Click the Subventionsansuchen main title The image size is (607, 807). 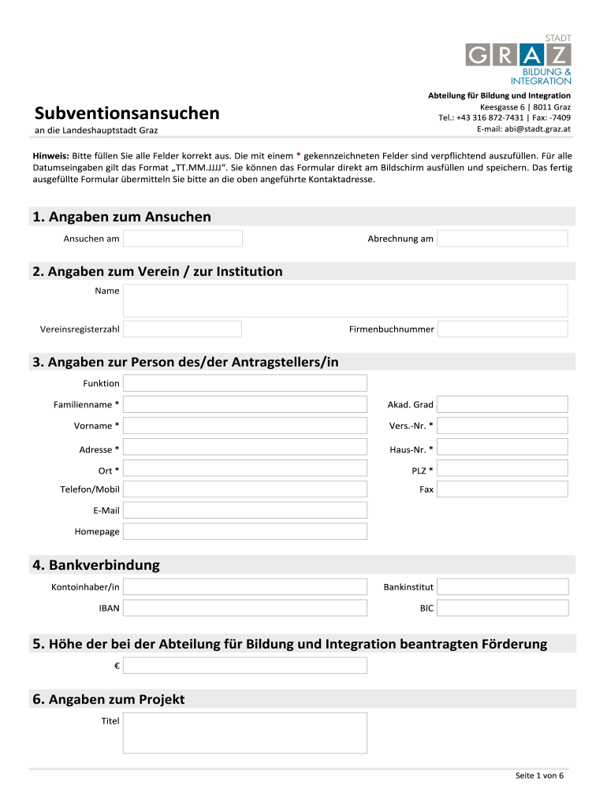point(127,113)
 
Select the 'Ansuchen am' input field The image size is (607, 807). point(183,238)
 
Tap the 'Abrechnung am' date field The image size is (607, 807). point(502,238)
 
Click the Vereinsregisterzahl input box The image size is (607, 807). point(183,329)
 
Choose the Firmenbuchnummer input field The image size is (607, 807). point(502,329)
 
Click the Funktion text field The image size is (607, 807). point(245,383)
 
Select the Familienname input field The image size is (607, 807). point(245,404)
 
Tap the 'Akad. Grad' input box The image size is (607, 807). point(502,404)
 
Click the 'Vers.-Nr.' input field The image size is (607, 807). point(502,426)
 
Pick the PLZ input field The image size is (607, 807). point(502,470)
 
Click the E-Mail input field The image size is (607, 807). point(245,511)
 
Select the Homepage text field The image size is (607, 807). point(245,531)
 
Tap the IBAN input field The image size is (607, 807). point(245,608)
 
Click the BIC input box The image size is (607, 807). point(502,608)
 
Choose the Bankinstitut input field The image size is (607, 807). point(502,587)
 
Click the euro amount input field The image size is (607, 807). point(245,666)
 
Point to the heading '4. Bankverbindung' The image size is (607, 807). point(96,565)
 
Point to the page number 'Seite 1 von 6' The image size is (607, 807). point(539,776)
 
